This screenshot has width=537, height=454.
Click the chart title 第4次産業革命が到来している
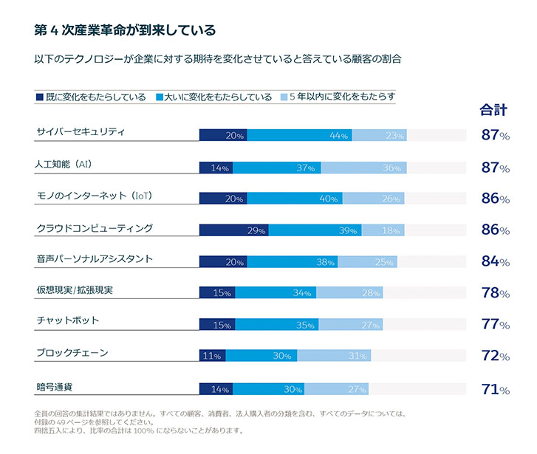coord(125,30)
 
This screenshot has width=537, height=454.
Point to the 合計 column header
coord(493,111)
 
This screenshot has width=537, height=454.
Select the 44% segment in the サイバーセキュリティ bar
coord(299,135)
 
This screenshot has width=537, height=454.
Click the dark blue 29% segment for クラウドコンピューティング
coord(233,230)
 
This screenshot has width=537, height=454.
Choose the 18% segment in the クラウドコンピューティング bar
coord(383,230)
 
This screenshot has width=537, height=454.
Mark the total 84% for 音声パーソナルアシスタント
coord(495,261)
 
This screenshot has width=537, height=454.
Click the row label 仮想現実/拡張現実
coord(75,289)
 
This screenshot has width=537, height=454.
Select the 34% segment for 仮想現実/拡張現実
coord(276,293)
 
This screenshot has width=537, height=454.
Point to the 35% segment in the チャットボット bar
coord(277,324)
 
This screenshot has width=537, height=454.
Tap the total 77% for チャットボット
coord(495,324)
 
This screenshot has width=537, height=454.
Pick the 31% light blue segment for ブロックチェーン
coord(333,356)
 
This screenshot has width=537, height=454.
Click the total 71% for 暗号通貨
coord(495,388)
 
